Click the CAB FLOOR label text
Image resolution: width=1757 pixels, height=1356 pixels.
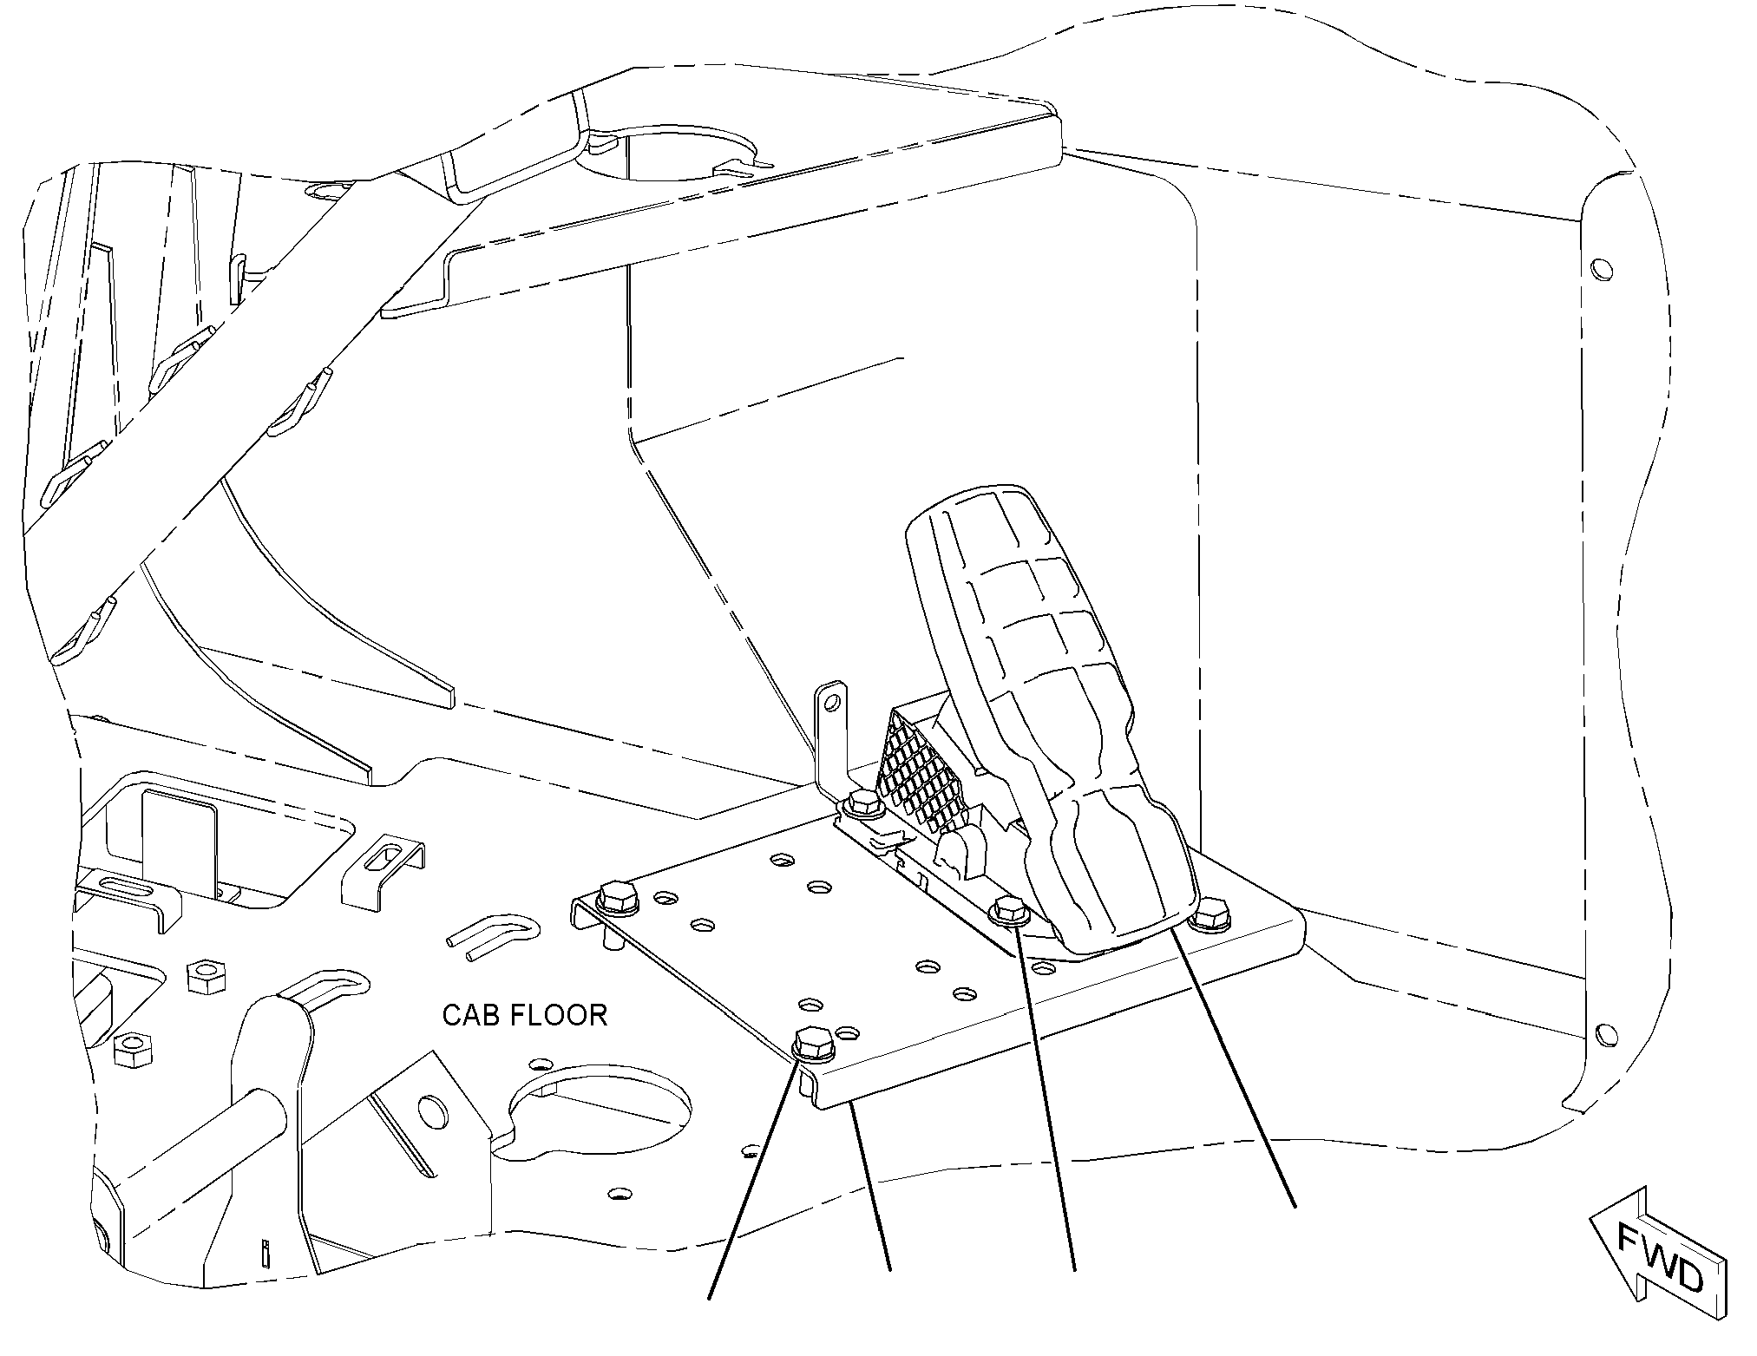point(524,1015)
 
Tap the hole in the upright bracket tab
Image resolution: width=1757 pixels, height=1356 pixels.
point(831,699)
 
